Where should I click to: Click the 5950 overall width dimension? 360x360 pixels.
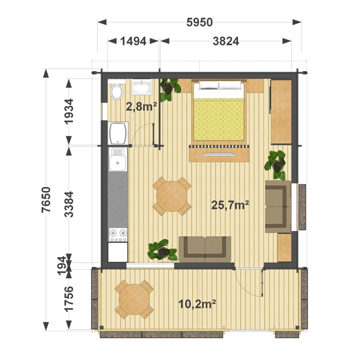tap(199, 22)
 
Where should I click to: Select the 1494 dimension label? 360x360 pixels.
tap(133, 41)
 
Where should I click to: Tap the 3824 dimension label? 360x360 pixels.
tap(226, 41)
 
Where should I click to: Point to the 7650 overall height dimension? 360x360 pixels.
tap(46, 199)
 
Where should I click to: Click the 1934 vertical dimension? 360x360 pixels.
tap(69, 111)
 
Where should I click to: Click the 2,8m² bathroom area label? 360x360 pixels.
tap(141, 107)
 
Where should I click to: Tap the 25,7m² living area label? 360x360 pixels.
tap(230, 205)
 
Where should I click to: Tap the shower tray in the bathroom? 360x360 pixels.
tap(118, 133)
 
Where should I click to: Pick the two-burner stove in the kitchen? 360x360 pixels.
tap(118, 235)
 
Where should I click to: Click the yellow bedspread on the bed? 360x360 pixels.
tap(219, 120)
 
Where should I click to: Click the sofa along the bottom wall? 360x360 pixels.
tap(205, 249)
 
